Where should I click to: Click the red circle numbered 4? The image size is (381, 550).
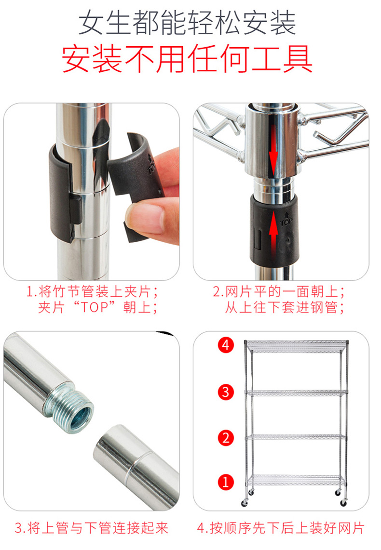point(225,345)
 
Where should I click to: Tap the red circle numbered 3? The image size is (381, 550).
point(225,392)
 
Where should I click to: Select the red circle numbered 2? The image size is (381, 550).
point(225,438)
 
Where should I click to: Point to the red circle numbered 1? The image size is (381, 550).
point(225,482)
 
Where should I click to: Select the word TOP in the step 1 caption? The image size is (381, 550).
point(95,307)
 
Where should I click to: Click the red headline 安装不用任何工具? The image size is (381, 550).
point(187,59)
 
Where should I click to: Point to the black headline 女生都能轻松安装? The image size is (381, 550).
point(187,23)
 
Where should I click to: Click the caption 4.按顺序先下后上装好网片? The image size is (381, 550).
point(281,528)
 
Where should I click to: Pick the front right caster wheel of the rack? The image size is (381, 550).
point(343,503)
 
